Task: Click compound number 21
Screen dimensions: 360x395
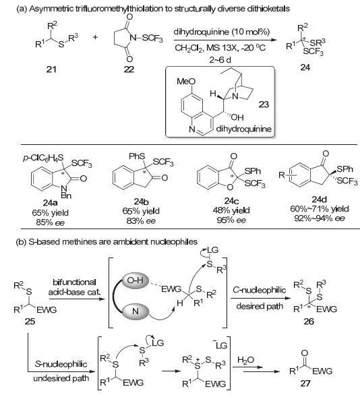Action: tap(51, 69)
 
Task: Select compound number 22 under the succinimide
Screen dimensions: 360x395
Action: tap(129, 69)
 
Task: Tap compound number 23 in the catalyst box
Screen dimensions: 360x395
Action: tap(264, 104)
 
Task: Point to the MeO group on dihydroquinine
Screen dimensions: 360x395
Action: tap(186, 82)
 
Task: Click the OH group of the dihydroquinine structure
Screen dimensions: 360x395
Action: tap(237, 117)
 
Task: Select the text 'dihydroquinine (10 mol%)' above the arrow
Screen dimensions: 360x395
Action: tap(222, 32)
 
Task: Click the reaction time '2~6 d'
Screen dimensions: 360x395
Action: tap(220, 60)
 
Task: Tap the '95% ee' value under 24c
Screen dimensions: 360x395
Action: tap(231, 220)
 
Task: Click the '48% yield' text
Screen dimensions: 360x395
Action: tap(231, 210)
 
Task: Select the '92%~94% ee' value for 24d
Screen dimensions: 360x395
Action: tap(320, 218)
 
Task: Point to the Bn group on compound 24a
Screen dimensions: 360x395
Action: tap(66, 195)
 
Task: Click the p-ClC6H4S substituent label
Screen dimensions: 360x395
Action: tap(43, 159)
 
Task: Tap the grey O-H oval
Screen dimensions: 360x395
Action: tap(136, 280)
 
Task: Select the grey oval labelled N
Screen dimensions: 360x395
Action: tap(136, 311)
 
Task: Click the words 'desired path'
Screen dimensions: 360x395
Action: tap(260, 306)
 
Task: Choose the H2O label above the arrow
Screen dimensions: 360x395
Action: tap(246, 360)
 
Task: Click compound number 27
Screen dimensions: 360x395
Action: tap(305, 384)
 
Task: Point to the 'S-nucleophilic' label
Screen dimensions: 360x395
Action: tap(61, 364)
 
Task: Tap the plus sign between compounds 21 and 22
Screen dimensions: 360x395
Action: tap(95, 38)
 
